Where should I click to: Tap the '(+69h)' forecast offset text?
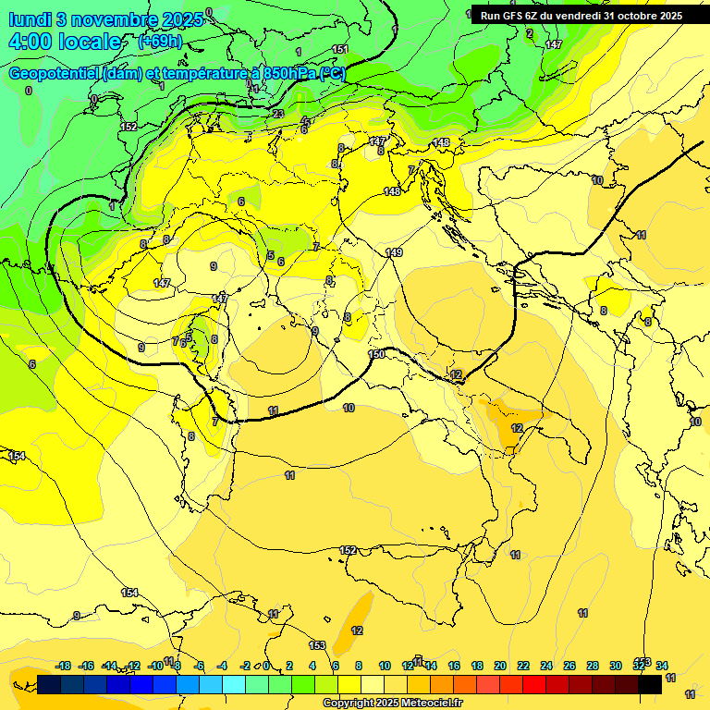(x=159, y=42)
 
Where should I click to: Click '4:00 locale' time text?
(x=65, y=42)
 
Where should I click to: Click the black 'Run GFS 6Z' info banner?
(x=581, y=15)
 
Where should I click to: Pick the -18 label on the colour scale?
(x=64, y=666)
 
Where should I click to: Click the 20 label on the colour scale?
(x=499, y=666)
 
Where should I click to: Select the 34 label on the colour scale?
(x=662, y=666)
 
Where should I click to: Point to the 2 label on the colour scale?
(x=289, y=666)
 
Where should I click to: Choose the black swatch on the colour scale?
(x=650, y=684)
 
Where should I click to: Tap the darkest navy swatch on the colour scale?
(x=49, y=684)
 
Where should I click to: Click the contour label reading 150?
(x=376, y=354)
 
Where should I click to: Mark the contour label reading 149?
(x=395, y=252)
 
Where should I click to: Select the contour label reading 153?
(x=317, y=645)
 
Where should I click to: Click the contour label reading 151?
(x=340, y=49)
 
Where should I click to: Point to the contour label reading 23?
(x=278, y=114)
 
